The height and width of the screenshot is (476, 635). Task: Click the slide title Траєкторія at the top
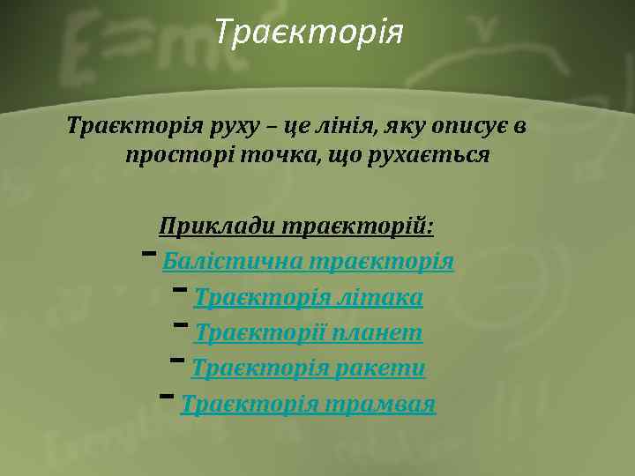(310, 33)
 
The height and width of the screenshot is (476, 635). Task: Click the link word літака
(380, 298)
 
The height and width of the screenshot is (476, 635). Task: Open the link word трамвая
(380, 405)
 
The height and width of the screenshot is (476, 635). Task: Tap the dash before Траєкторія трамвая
(167, 396)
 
